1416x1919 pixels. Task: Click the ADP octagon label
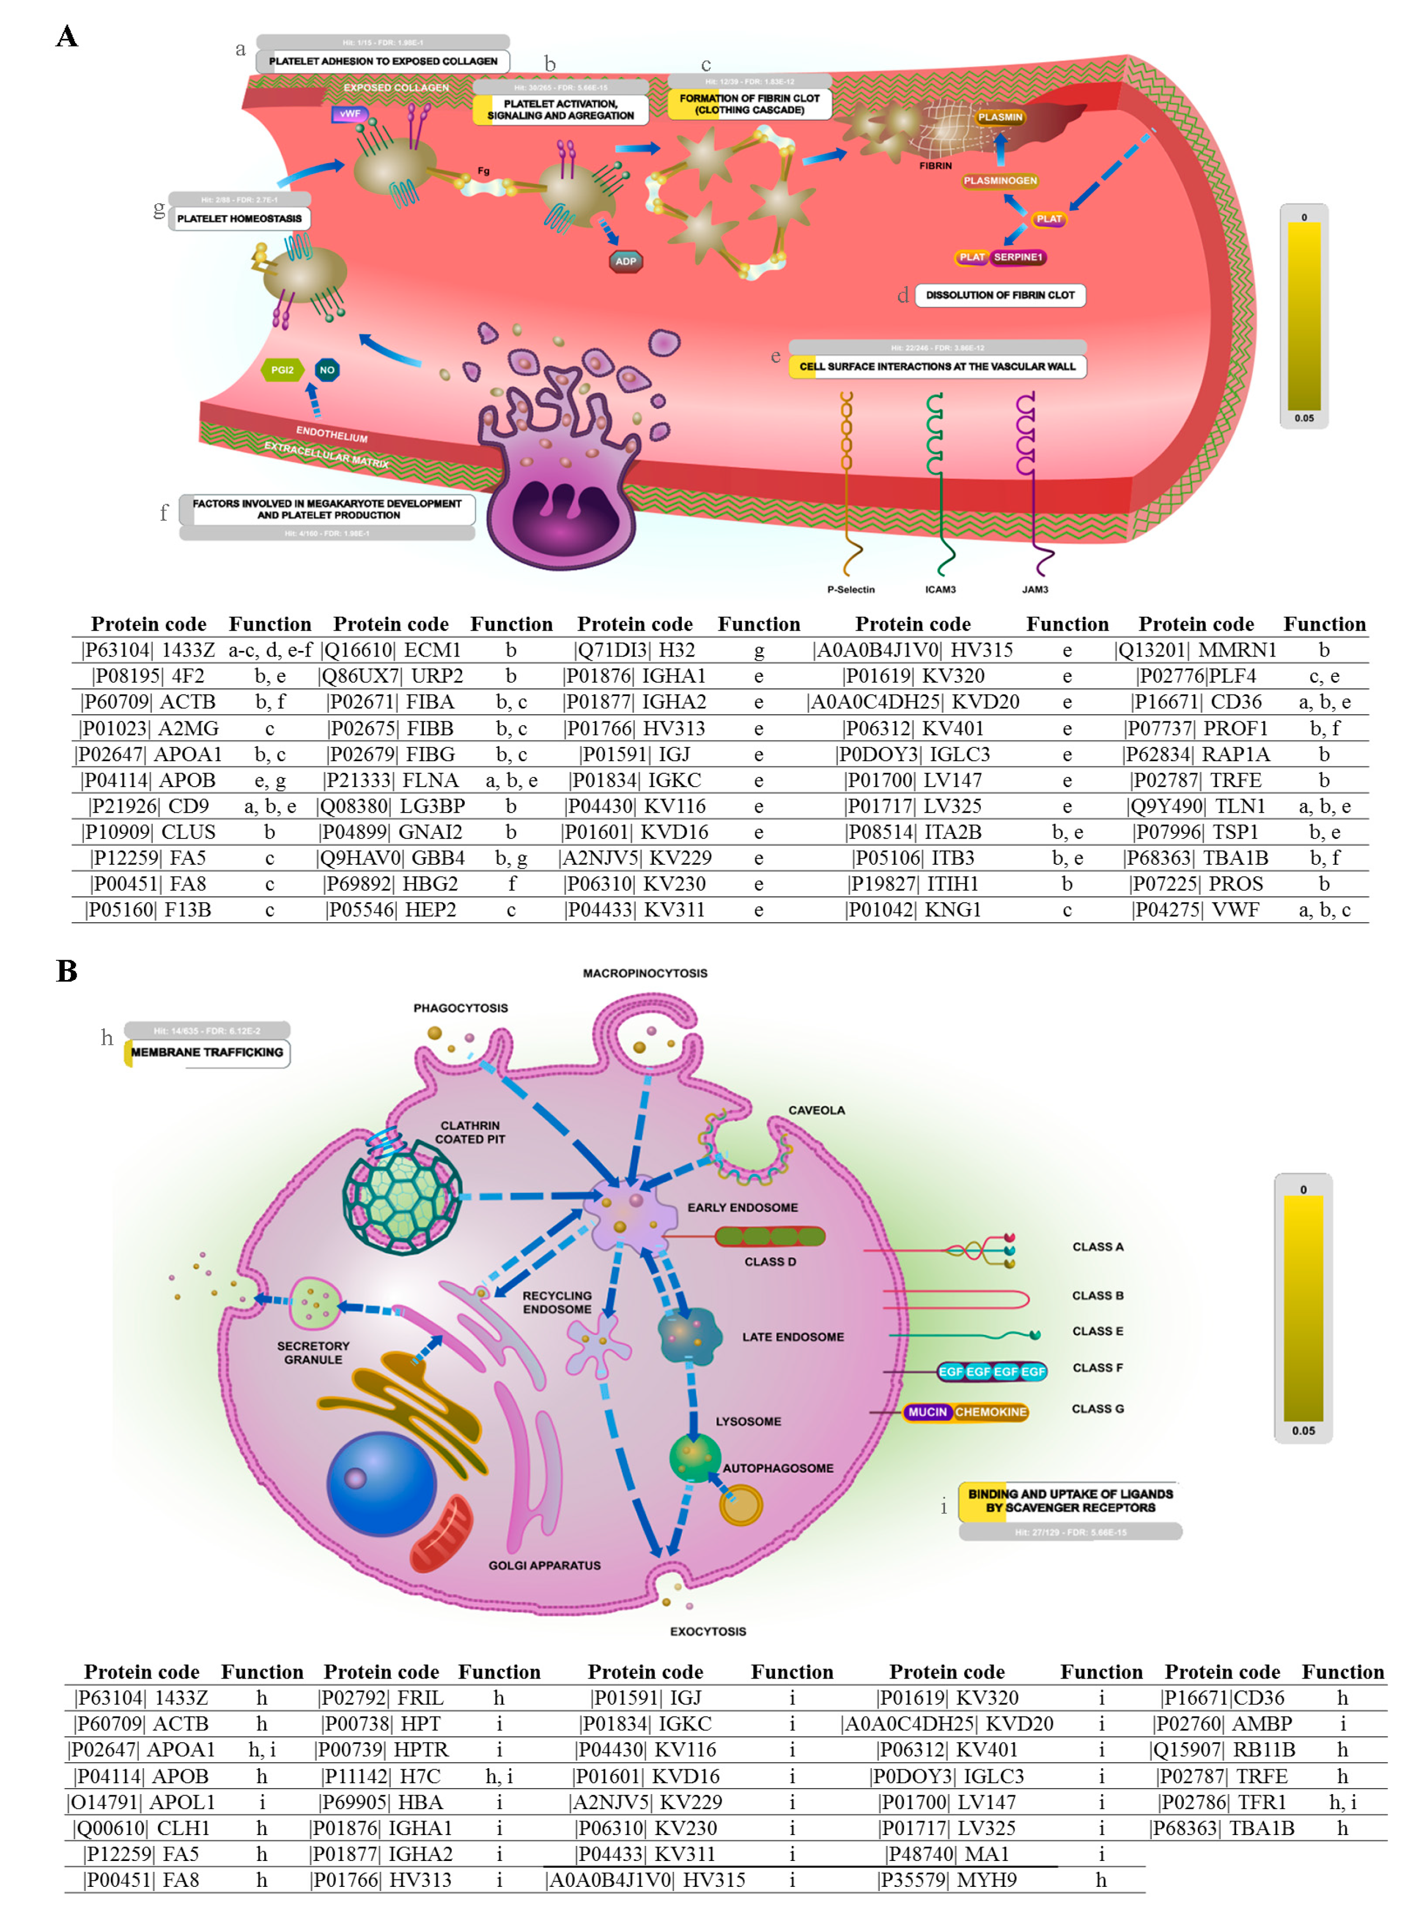point(626,261)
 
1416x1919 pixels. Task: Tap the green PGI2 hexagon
point(282,370)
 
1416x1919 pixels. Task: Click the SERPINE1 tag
point(1018,257)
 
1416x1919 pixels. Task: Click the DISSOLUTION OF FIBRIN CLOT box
point(999,295)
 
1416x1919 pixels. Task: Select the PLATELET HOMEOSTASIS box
point(239,219)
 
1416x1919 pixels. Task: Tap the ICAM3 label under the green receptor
point(940,590)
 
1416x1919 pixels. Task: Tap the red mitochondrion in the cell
point(442,1534)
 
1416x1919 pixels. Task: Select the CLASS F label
point(1097,1368)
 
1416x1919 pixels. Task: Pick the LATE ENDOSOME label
point(793,1337)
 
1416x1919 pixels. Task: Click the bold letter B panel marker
point(67,971)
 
